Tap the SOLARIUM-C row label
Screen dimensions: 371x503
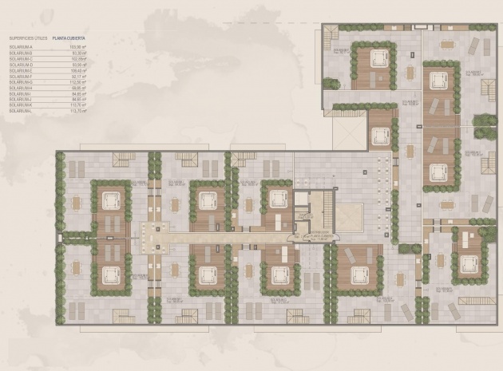21,59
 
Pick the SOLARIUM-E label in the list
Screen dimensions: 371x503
21,70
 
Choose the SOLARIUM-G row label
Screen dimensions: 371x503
21,81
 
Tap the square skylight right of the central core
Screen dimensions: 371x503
349,215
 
